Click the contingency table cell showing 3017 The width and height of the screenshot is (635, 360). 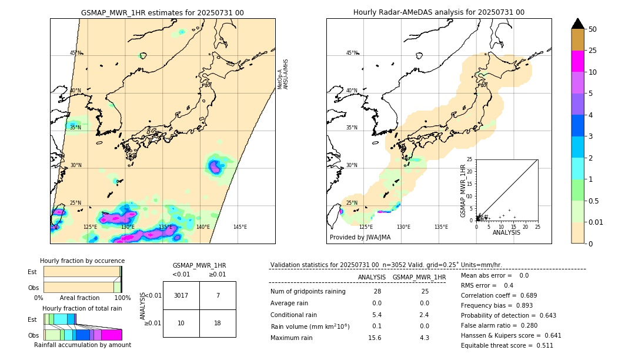tap(181, 295)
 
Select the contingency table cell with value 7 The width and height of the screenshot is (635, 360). tap(218, 295)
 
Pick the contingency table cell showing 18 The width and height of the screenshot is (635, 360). tap(218, 324)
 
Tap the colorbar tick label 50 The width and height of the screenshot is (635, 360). tap(593, 29)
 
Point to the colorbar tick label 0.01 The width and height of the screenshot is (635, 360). tap(597, 222)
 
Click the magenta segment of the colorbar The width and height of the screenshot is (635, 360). tap(578, 61)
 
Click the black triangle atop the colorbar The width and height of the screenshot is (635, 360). tap(578, 24)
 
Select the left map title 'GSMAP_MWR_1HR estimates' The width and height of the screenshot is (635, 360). tap(162, 12)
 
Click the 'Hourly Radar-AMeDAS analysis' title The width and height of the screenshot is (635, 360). tap(439, 12)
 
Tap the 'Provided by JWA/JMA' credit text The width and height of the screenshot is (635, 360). tap(360, 238)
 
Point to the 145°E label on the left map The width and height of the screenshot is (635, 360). tap(240, 227)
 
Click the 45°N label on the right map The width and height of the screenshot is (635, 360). tap(352, 53)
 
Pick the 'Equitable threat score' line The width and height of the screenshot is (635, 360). tap(507, 346)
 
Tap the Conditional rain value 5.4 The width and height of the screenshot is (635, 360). tap(377, 315)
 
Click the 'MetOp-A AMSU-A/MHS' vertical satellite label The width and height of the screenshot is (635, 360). tap(283, 74)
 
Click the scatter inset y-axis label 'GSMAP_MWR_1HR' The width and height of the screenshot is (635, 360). tap(463, 191)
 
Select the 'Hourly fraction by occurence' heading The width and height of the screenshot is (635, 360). tap(82, 261)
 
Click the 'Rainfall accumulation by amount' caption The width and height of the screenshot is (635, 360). tap(83, 345)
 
